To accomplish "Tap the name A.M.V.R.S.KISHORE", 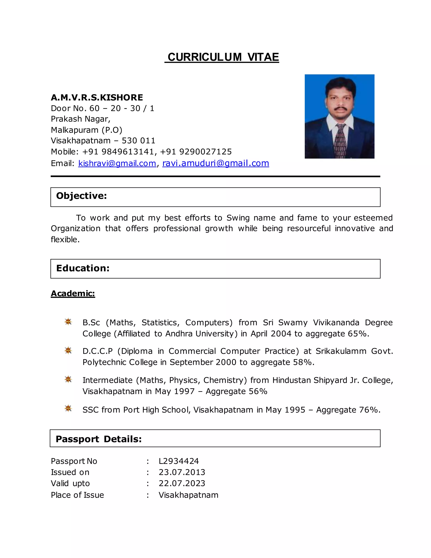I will (97, 98).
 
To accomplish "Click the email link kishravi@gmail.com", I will (117, 163).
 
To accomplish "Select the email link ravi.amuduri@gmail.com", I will (215, 163).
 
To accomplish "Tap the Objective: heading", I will (81, 196).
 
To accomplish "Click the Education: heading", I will (83, 268).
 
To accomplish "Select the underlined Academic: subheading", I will (73, 293).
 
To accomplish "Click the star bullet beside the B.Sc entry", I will (68, 322).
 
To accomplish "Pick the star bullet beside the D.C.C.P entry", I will (68, 350).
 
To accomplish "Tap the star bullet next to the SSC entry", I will (68, 408).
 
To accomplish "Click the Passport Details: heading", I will (98, 439).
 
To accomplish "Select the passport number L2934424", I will (178, 461).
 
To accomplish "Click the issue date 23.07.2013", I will (182, 472).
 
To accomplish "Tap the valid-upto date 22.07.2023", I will (182, 483).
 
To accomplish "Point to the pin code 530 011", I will (138, 141).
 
